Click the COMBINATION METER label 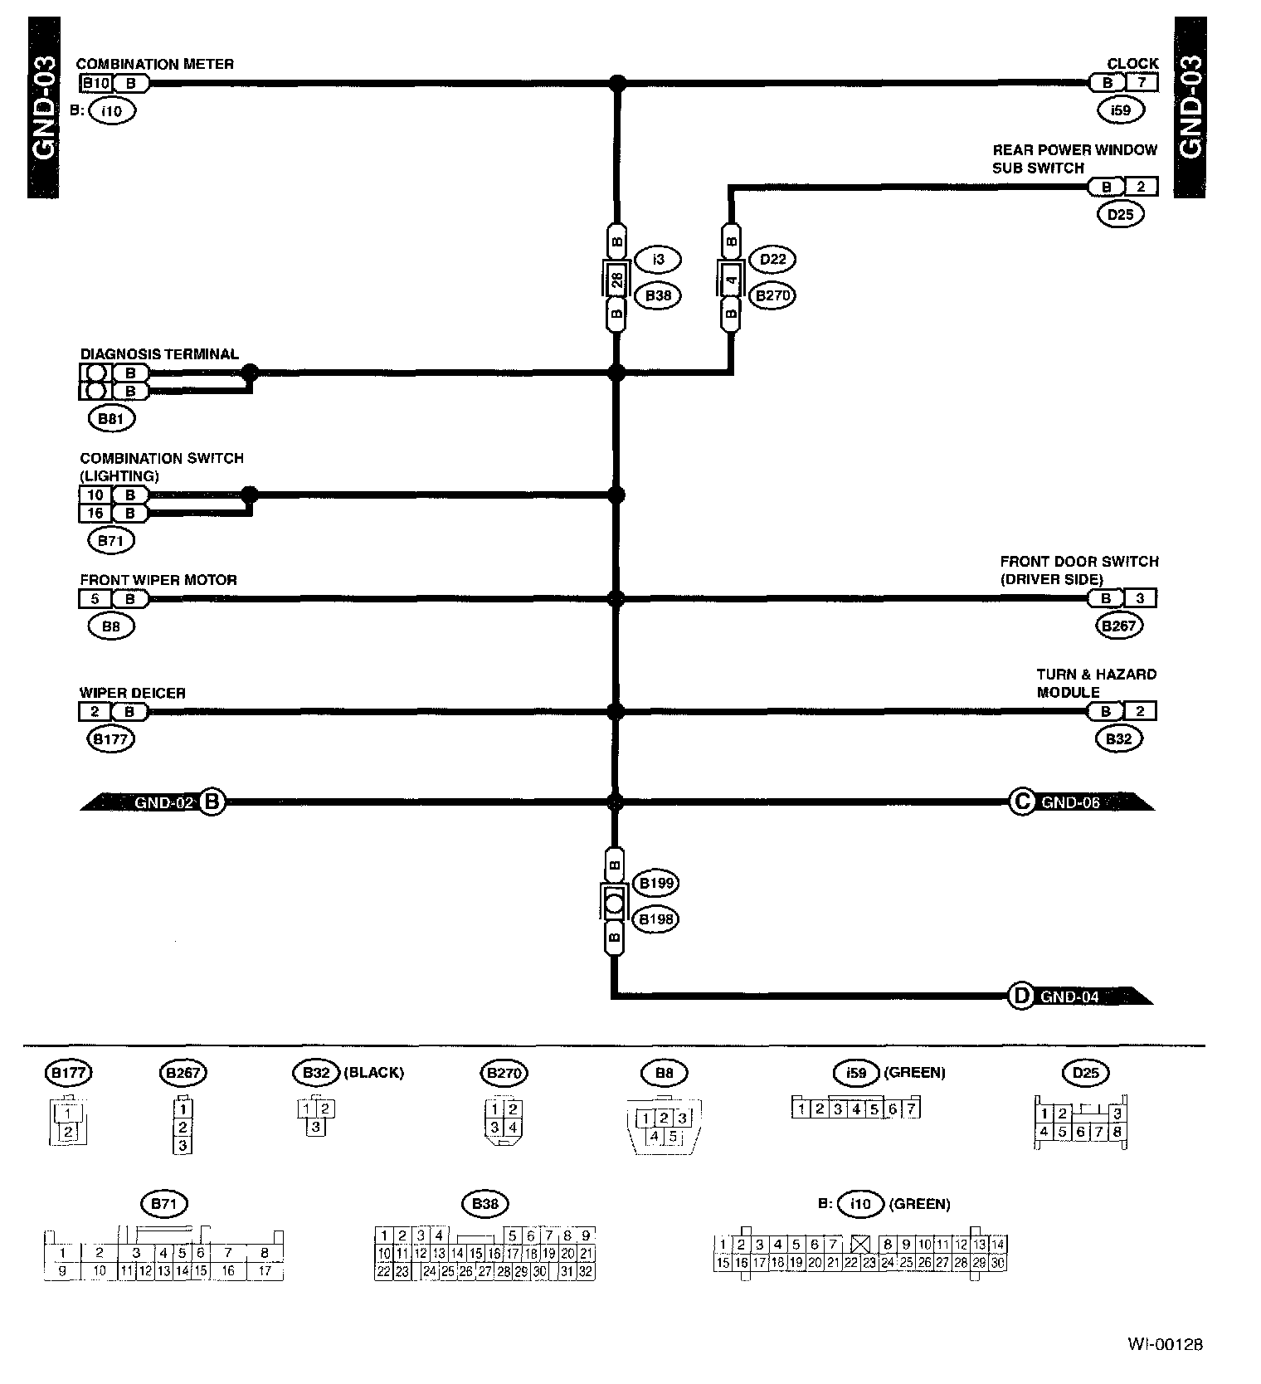pyautogui.click(x=154, y=64)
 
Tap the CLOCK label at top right pyautogui.click(x=1132, y=64)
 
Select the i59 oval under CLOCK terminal pyautogui.click(x=1120, y=110)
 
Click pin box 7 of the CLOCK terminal pyautogui.click(x=1142, y=83)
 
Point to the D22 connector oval pyautogui.click(x=772, y=260)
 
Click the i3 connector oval pyautogui.click(x=658, y=260)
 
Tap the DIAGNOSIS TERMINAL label pyautogui.click(x=159, y=354)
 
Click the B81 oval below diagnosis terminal pyautogui.click(x=110, y=419)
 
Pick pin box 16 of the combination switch pyautogui.click(x=95, y=514)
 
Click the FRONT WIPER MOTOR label pyautogui.click(x=158, y=580)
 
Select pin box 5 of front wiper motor pyautogui.click(x=95, y=598)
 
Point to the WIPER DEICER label pyautogui.click(x=133, y=693)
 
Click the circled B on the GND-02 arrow pyautogui.click(x=212, y=802)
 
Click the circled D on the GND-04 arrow pyautogui.click(x=1020, y=996)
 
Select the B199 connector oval pyautogui.click(x=655, y=884)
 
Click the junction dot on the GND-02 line pyautogui.click(x=616, y=802)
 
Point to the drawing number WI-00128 pyautogui.click(x=1165, y=1344)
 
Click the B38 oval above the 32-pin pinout pyautogui.click(x=484, y=1204)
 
